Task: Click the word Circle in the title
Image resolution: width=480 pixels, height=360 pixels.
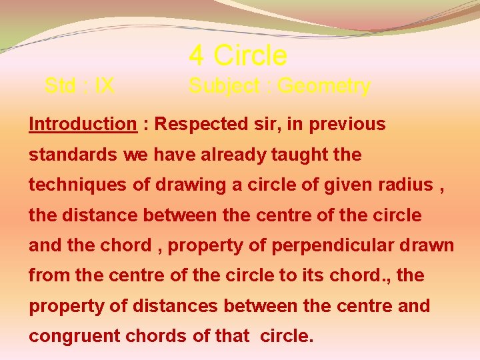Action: point(251,55)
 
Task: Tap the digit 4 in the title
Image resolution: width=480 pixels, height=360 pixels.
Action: point(196,55)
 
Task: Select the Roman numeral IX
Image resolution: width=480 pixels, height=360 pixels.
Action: point(105,86)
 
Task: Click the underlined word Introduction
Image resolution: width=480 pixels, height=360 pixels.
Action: point(83,124)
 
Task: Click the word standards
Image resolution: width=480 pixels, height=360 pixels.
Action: point(73,155)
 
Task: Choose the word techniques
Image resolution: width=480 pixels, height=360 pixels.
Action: point(77,185)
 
